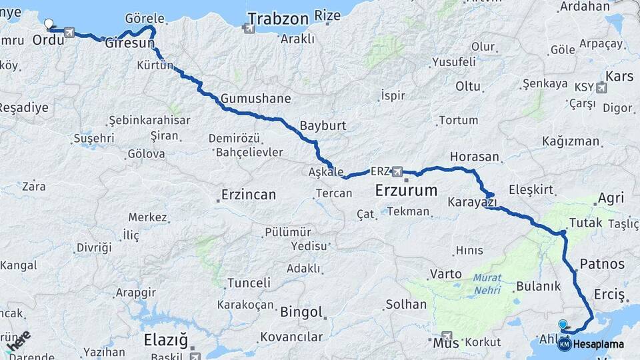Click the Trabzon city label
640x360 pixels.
[278, 18]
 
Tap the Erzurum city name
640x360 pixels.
[406, 190]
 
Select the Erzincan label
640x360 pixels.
[248, 195]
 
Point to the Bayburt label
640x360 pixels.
[323, 125]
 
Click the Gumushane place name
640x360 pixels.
[256, 99]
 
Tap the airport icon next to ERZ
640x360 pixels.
[398, 171]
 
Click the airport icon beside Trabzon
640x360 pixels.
[249, 29]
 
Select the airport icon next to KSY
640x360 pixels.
[603, 87]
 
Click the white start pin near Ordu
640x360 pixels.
[48, 25]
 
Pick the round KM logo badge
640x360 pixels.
[565, 344]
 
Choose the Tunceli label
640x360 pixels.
[249, 283]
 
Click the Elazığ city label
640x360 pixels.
[166, 340]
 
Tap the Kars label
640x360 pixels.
[620, 76]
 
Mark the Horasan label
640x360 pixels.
[475, 157]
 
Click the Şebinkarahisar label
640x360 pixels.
[149, 121]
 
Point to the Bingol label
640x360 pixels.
[302, 312]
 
